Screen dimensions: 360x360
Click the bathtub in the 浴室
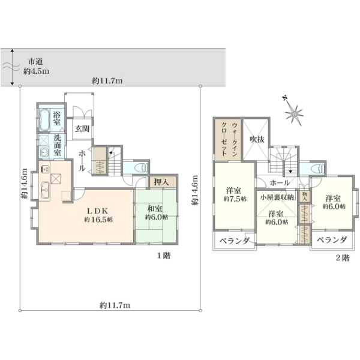(44, 120)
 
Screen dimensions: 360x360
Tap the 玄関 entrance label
(82, 129)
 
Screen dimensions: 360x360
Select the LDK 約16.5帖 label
(98, 215)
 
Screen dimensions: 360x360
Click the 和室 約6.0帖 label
(157, 213)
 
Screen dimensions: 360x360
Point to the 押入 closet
(163, 182)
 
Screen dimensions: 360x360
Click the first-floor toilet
(140, 168)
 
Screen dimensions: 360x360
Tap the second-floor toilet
(317, 169)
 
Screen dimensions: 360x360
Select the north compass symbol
(293, 112)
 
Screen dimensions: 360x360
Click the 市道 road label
(35, 62)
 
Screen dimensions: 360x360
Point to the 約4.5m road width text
(36, 71)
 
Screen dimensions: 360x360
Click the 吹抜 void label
(257, 139)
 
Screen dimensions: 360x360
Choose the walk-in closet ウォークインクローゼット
(228, 139)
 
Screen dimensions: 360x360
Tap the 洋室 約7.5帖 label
(235, 194)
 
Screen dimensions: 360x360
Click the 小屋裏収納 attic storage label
(277, 197)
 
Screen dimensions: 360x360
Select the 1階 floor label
(164, 256)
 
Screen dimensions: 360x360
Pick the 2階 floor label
(343, 258)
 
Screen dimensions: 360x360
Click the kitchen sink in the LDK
(45, 190)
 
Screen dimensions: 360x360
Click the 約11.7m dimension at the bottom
(115, 305)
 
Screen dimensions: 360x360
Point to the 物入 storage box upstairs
(305, 196)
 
